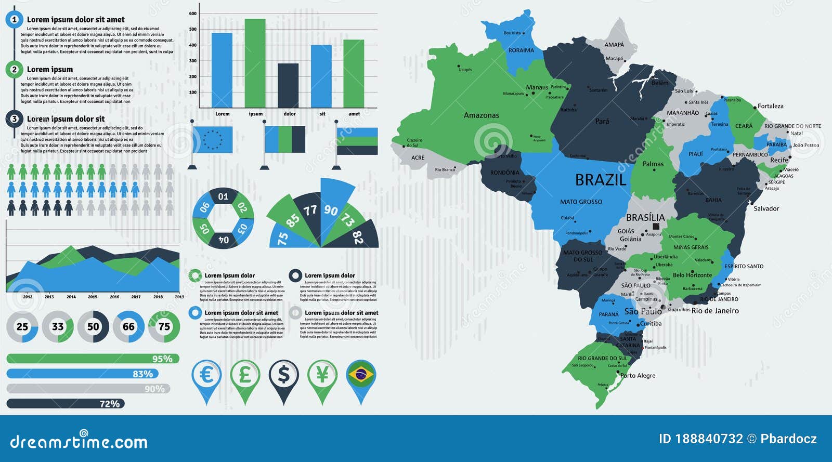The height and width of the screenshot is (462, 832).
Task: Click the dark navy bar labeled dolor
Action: [288, 85]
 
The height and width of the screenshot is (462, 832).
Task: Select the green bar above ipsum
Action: [255, 62]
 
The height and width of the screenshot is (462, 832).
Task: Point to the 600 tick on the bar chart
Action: [193, 14]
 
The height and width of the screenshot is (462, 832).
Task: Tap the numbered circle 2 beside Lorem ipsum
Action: [14, 69]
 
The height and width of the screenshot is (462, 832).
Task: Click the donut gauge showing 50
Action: [93, 327]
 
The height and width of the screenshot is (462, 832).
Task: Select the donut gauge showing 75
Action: [164, 327]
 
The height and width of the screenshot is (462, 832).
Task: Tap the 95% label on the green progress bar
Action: [162, 359]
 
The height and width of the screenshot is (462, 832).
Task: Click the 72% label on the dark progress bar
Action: [110, 404]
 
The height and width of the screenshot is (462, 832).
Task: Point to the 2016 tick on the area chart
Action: [114, 297]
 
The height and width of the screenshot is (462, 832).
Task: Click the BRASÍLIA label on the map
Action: [645, 218]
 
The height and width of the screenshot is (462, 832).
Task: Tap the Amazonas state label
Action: [481, 115]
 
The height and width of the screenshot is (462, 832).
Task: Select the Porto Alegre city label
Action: [638, 376]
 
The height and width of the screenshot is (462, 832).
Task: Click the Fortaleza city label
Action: [770, 106]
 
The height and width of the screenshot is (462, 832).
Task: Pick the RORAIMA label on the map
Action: [521, 50]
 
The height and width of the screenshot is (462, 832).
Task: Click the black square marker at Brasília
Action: [656, 227]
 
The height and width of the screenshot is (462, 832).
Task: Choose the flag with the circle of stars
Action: [212, 140]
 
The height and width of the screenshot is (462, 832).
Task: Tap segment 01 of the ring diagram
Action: [223, 196]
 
